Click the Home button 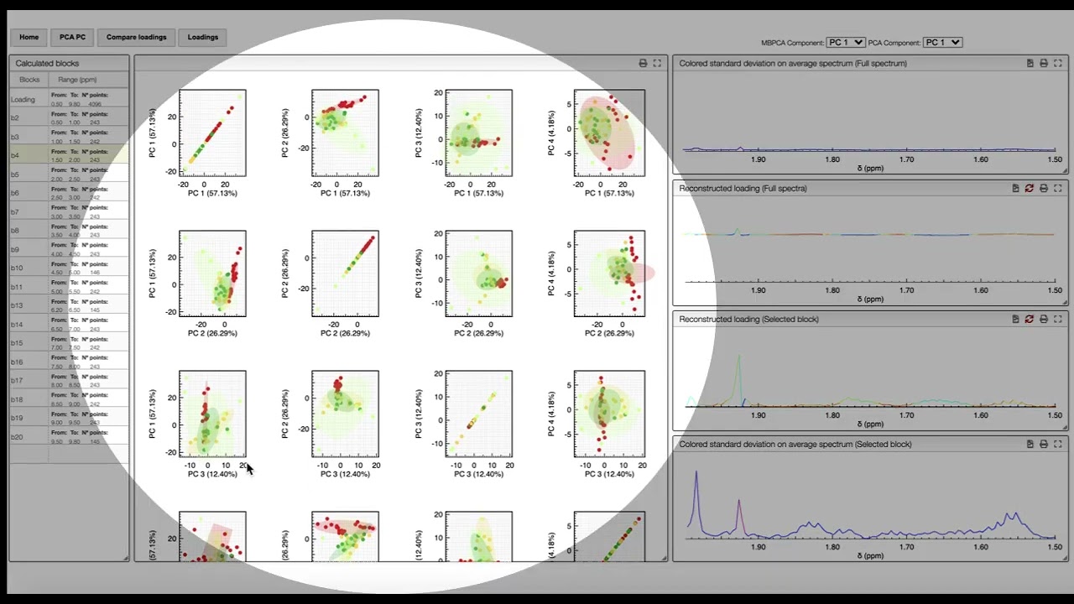(x=29, y=37)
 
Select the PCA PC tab (x=72, y=37)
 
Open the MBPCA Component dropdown (x=845, y=42)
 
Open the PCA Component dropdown (x=941, y=42)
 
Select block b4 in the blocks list (x=15, y=155)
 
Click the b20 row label (x=17, y=437)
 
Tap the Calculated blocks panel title (x=47, y=63)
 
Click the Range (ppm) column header (x=77, y=80)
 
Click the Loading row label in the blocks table (x=23, y=99)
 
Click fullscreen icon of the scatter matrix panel (x=657, y=63)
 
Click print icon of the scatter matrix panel (x=643, y=63)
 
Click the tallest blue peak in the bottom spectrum (x=696, y=475)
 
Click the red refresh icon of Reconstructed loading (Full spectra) (x=1029, y=188)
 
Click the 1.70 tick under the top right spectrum (x=907, y=159)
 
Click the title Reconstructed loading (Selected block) (x=748, y=319)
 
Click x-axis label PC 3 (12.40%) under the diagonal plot (x=477, y=474)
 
